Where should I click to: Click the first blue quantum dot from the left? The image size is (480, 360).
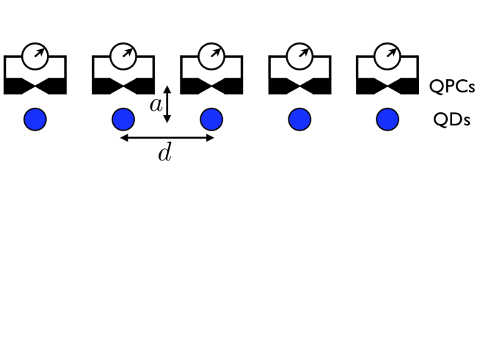coord(35,119)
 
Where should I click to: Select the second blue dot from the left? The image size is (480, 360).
coord(123,119)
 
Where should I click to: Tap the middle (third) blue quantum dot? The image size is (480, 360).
coord(211,119)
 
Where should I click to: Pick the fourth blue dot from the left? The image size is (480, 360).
coord(299,119)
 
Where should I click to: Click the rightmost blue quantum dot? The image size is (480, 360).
coord(388,119)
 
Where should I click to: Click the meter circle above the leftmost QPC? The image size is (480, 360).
coord(34,54)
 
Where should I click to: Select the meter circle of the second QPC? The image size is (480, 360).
coord(123,54)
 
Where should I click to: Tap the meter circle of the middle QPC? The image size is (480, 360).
coord(211,54)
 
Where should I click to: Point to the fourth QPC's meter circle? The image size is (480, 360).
coord(299,54)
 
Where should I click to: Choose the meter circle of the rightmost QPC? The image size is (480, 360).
coord(387,54)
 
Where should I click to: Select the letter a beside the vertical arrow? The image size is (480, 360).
coord(155,105)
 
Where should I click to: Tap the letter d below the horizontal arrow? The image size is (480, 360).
coord(165,154)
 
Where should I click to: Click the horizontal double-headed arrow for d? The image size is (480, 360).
coord(167,137)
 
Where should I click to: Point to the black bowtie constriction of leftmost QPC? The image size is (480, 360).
coord(35,86)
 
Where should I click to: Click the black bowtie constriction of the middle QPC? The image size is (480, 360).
coord(211,86)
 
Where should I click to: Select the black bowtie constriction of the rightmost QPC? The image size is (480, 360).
coord(388,86)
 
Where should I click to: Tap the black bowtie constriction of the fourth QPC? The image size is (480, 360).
coord(299,86)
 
